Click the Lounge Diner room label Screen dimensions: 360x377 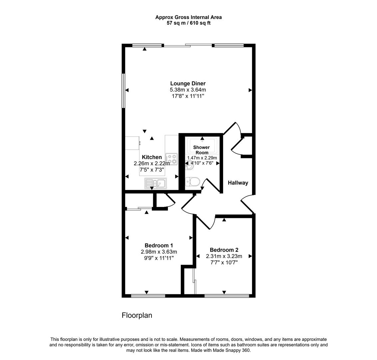click(x=188, y=84)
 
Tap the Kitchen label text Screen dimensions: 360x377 click(x=152, y=157)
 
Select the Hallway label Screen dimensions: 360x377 click(x=238, y=183)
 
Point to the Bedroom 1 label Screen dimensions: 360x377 click(x=159, y=246)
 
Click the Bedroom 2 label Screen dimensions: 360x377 click(x=224, y=250)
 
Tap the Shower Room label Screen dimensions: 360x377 click(x=201, y=150)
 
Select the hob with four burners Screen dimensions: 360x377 click(x=172, y=159)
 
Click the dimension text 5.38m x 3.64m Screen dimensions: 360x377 click(x=188, y=90)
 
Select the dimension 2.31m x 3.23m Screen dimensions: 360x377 click(x=224, y=256)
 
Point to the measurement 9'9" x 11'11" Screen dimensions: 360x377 click(x=159, y=258)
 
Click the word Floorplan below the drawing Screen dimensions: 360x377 click(x=137, y=315)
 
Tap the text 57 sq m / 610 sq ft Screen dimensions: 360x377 click(x=188, y=23)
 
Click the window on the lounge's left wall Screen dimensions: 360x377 click(x=123, y=90)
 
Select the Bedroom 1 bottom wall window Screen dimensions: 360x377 click(x=148, y=296)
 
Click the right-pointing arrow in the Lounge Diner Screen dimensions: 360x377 click(x=250, y=90)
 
